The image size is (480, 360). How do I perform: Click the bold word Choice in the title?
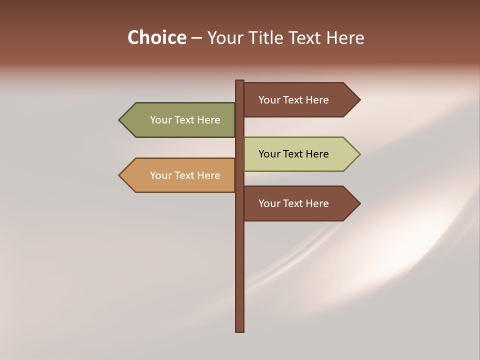156,37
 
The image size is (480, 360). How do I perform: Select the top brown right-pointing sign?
295,100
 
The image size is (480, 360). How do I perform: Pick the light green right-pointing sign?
295,154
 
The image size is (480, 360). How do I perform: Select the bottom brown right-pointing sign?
295,203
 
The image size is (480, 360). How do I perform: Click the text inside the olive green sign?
185,120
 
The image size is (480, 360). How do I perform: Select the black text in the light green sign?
293,154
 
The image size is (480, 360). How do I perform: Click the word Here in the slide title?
345,37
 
